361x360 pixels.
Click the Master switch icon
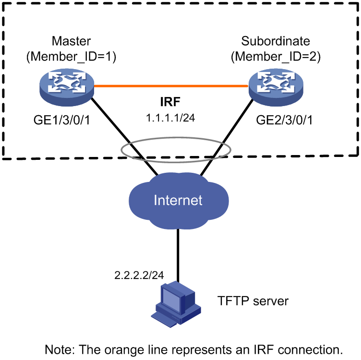click(x=67, y=87)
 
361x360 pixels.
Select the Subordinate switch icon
click(x=276, y=87)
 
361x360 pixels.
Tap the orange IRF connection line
click(x=171, y=86)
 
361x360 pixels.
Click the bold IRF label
click(x=170, y=102)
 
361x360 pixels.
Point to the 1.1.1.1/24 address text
click(x=170, y=118)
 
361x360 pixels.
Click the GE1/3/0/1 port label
click(x=62, y=120)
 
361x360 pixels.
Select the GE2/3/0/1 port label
click(x=284, y=120)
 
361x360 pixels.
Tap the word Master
click(x=72, y=41)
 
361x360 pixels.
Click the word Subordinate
click(x=276, y=41)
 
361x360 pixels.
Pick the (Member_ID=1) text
click(x=72, y=56)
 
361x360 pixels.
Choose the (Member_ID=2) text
click(x=276, y=56)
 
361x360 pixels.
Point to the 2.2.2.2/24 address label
click(x=139, y=275)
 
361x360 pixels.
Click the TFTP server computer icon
click(x=176, y=304)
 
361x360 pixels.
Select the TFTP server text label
click(x=253, y=301)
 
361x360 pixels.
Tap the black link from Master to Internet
click(x=124, y=136)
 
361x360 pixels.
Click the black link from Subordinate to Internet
click(x=227, y=137)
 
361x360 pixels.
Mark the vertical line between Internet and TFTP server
click(x=178, y=255)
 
